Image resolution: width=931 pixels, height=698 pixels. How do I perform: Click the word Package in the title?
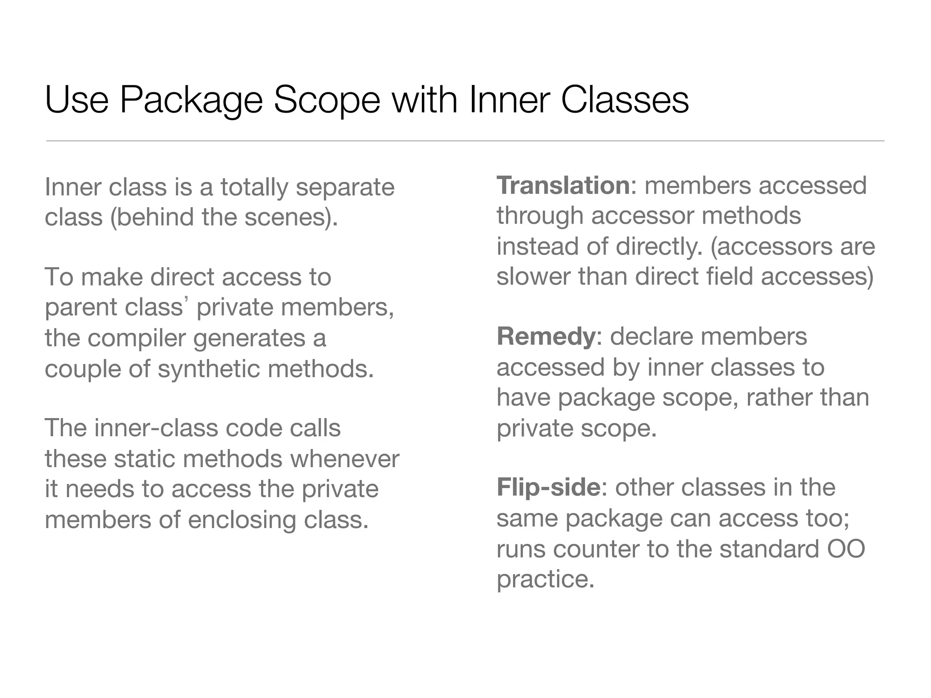click(x=191, y=101)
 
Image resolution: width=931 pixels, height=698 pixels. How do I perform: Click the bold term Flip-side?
click(x=549, y=488)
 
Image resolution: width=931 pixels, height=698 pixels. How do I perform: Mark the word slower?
click(x=533, y=276)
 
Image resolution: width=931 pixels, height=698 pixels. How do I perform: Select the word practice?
click(x=545, y=579)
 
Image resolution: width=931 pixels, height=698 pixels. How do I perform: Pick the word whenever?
click(x=345, y=459)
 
